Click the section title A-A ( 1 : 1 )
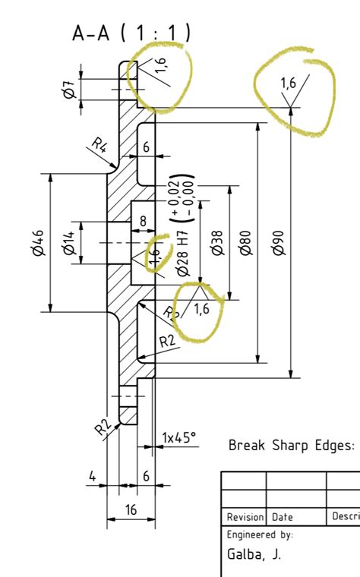click(x=131, y=33)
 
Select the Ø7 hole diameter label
click(x=68, y=90)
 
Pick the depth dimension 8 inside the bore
click(x=143, y=222)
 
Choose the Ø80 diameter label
click(x=245, y=242)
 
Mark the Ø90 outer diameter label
click(x=278, y=242)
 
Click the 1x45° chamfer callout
click(x=179, y=437)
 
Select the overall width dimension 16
click(x=131, y=509)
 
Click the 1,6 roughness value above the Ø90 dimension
click(x=289, y=83)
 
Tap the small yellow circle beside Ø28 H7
click(x=158, y=253)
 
